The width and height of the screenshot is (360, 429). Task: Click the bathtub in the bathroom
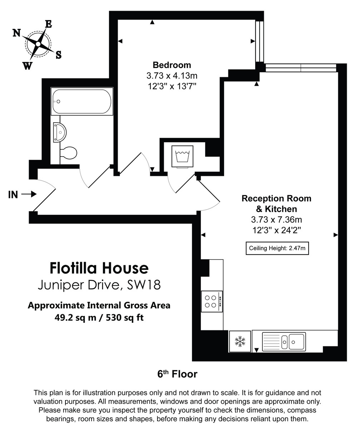(x=82, y=102)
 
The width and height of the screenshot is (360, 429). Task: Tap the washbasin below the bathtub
(x=60, y=132)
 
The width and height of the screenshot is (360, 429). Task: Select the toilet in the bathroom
(x=68, y=153)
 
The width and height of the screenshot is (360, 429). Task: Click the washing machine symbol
(x=182, y=156)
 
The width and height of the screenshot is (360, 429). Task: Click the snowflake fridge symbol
(x=240, y=341)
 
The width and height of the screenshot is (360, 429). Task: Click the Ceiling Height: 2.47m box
(x=277, y=248)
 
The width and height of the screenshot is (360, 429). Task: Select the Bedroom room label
(x=172, y=65)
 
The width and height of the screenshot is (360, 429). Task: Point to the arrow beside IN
(x=29, y=194)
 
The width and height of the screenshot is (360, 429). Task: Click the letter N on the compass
(x=16, y=33)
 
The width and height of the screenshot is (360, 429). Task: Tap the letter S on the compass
(x=58, y=55)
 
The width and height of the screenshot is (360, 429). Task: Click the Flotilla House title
(x=99, y=268)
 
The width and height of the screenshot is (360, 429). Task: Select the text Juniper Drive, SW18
(x=99, y=285)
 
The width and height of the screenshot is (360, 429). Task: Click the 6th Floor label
(x=177, y=374)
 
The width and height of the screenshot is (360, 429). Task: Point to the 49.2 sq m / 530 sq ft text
(x=99, y=317)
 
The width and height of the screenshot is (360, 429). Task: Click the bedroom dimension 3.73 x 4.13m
(x=172, y=76)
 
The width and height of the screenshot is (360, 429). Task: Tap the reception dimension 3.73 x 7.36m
(x=277, y=220)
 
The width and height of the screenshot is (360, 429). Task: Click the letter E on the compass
(x=49, y=24)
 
